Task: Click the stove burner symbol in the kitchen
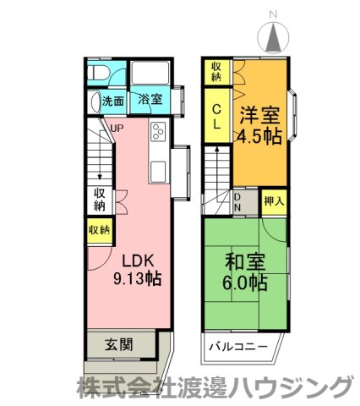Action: click(159, 133)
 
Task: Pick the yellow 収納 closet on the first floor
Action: click(97, 229)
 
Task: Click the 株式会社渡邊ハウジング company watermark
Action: click(214, 388)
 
